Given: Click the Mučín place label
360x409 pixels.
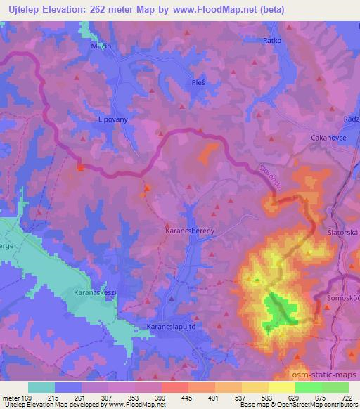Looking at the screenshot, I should point(101,46).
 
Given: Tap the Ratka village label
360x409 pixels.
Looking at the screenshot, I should point(272,41).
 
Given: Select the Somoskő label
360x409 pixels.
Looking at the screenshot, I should point(343,298).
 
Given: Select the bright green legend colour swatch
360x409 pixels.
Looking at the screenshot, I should point(309,387).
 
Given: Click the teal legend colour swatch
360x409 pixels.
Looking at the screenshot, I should point(41,387).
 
